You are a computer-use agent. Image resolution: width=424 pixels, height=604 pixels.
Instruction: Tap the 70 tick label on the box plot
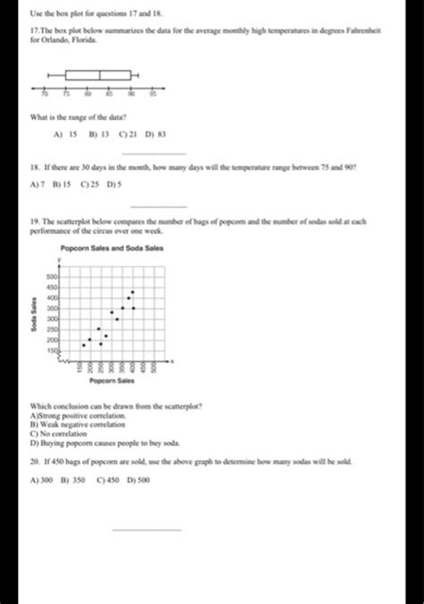coord(45,92)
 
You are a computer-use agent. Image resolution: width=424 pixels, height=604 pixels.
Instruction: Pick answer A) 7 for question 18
coord(38,185)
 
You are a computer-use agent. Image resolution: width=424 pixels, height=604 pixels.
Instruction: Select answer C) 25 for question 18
coord(89,185)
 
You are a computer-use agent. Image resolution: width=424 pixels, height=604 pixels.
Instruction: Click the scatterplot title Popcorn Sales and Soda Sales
coord(112,247)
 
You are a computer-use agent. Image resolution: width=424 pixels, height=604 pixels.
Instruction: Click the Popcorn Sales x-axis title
coord(111,381)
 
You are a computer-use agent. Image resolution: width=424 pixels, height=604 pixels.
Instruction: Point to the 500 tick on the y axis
coord(52,278)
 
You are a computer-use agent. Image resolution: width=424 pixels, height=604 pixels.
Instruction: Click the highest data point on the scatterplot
coord(133,291)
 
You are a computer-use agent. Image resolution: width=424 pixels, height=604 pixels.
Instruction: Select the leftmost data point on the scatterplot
coord(84,344)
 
